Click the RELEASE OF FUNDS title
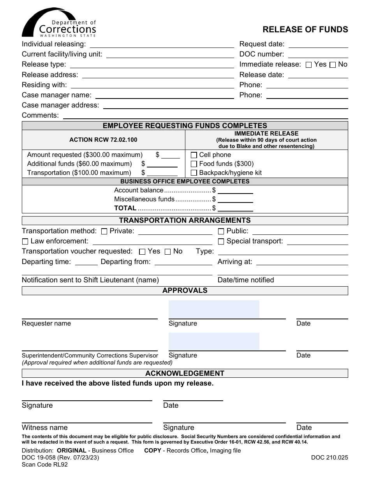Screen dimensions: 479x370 tap(305, 30)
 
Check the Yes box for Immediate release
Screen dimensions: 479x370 tap(308, 65)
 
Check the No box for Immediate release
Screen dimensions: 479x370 tap(333, 65)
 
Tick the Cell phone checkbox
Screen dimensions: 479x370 tap(194, 155)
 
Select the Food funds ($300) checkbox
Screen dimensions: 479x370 tap(194, 164)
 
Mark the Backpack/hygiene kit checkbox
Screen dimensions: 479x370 tap(194, 173)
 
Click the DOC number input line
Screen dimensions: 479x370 tap(317, 55)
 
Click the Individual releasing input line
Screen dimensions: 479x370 tap(162, 44)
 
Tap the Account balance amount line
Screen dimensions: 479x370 tap(235, 190)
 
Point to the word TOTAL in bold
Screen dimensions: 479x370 tap(125, 208)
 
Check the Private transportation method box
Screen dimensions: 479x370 tap(104, 231)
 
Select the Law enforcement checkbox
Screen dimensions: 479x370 tap(25, 241)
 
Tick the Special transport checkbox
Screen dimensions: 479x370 tap(221, 241)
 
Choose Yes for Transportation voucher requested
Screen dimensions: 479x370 tap(142, 252)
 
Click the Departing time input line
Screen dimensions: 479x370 tap(86, 262)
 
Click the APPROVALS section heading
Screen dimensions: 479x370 tap(185, 291)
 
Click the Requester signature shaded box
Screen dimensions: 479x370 tap(214, 310)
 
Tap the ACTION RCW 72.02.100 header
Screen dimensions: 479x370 tap(103, 140)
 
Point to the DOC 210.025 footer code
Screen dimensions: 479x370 tap(329, 458)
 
